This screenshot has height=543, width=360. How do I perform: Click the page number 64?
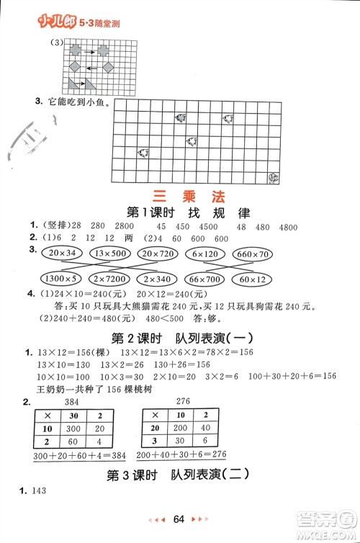pyautogui.click(x=180, y=519)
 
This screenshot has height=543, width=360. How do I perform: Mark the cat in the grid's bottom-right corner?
pyautogui.click(x=274, y=178)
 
